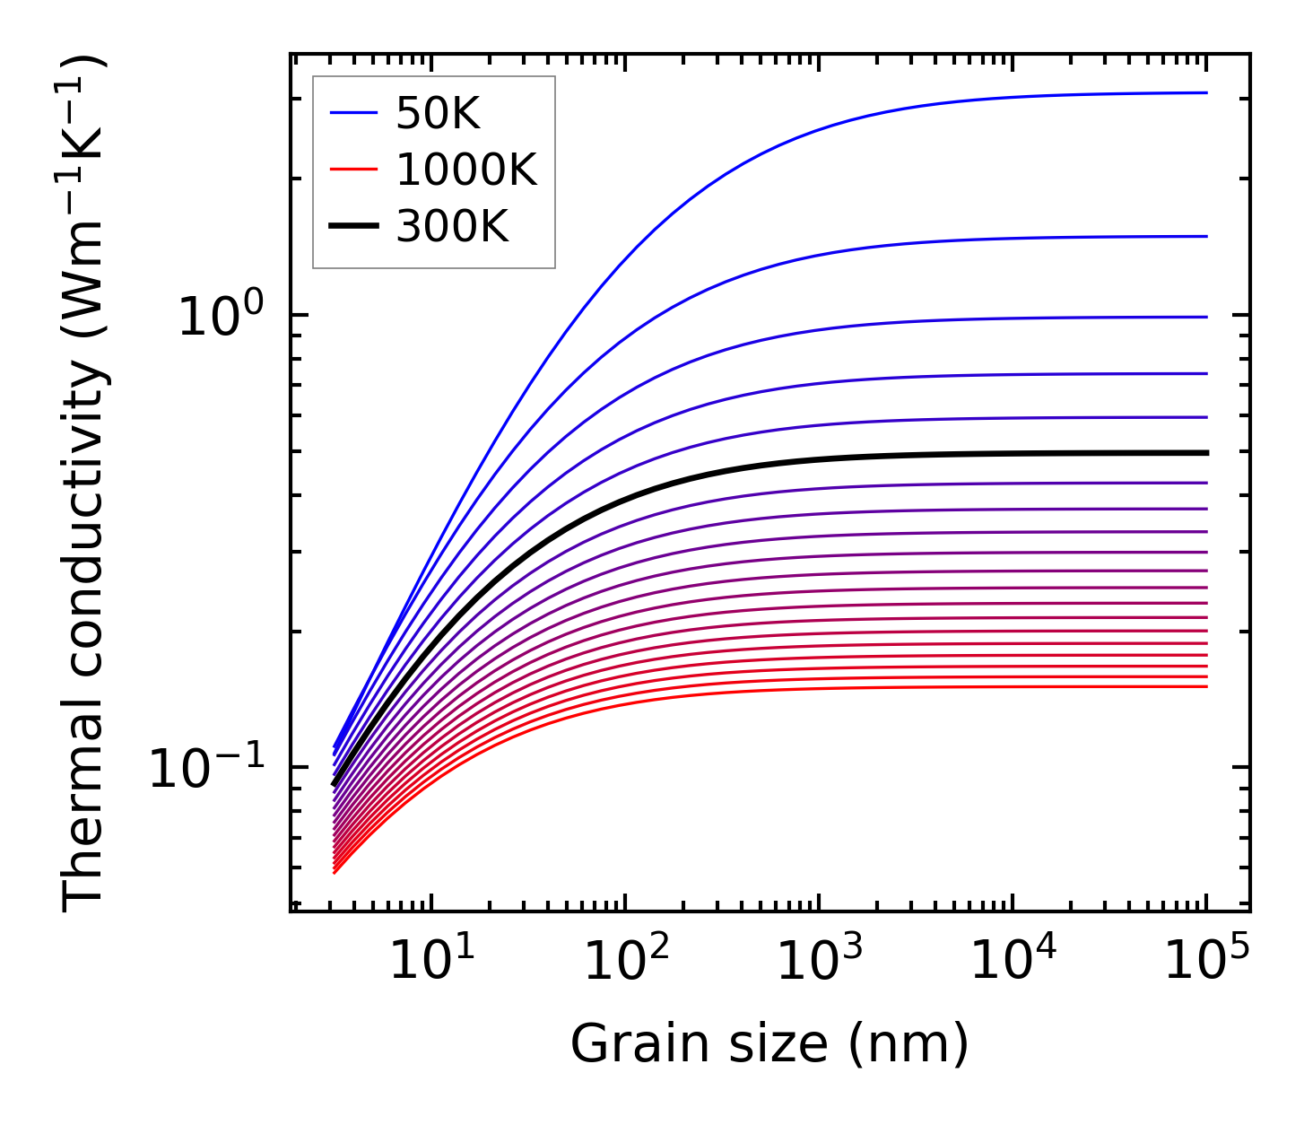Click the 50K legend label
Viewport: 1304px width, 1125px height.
point(438,114)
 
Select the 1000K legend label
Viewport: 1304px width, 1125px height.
point(466,170)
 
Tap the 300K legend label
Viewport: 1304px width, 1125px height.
point(452,226)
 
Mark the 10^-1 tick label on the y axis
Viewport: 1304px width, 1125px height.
point(208,768)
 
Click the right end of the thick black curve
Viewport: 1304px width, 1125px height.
point(1206,453)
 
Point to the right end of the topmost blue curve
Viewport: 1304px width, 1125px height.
point(1206,92)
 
